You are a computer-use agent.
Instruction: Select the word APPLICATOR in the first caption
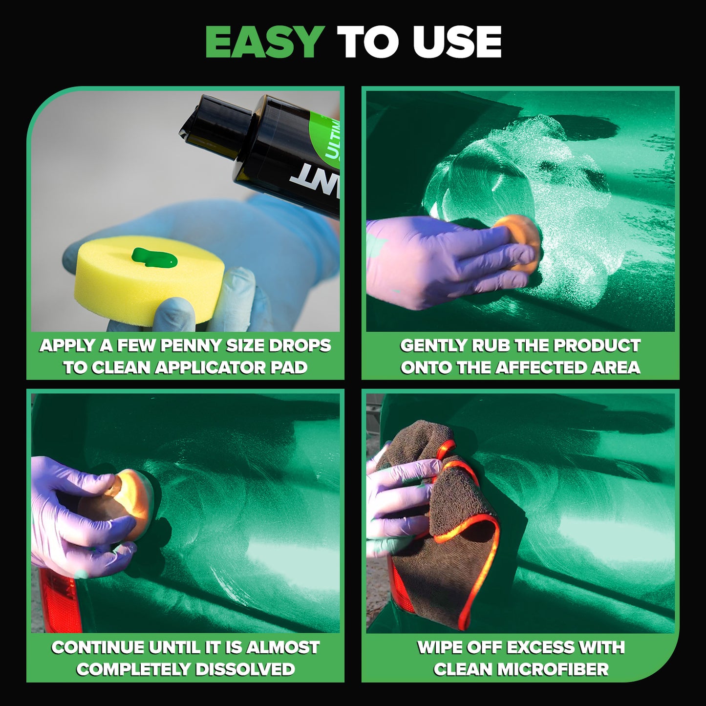coord(212,367)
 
